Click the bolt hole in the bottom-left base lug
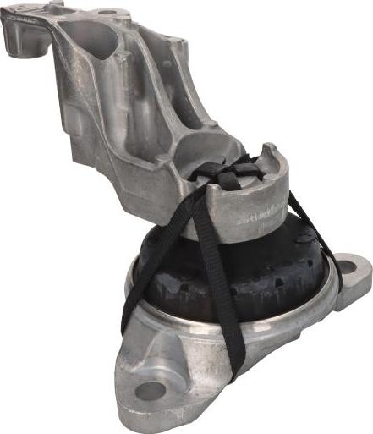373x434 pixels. click(150, 390)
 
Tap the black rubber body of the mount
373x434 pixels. click(254, 271)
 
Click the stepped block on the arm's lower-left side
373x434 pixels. click(89, 144)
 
